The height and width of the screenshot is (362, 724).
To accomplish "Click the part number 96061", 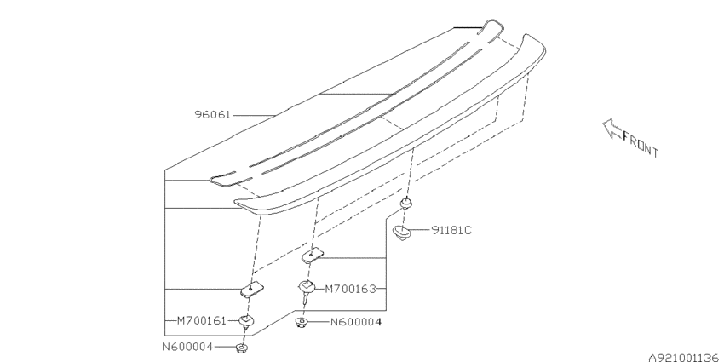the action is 212,114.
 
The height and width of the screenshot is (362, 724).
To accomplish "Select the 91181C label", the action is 451,230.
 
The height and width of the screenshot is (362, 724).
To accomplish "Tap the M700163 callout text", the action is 350,290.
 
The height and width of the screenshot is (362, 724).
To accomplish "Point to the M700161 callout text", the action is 202,320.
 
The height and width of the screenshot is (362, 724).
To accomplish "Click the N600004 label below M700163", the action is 356,322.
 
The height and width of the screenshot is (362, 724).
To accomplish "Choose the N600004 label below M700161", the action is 187,347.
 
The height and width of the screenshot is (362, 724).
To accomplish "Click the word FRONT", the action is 641,144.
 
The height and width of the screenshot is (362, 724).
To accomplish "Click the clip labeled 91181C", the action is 402,232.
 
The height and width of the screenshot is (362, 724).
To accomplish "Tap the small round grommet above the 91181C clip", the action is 405,203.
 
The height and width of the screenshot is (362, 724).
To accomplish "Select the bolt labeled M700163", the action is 306,290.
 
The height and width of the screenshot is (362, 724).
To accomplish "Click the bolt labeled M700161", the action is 246,321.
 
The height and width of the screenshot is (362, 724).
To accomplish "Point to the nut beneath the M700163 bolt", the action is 302,322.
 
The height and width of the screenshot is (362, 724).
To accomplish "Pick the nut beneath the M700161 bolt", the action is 242,348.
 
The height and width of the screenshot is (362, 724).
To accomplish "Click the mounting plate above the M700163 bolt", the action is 313,255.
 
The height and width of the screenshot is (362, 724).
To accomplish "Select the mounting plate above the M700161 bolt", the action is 252,289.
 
